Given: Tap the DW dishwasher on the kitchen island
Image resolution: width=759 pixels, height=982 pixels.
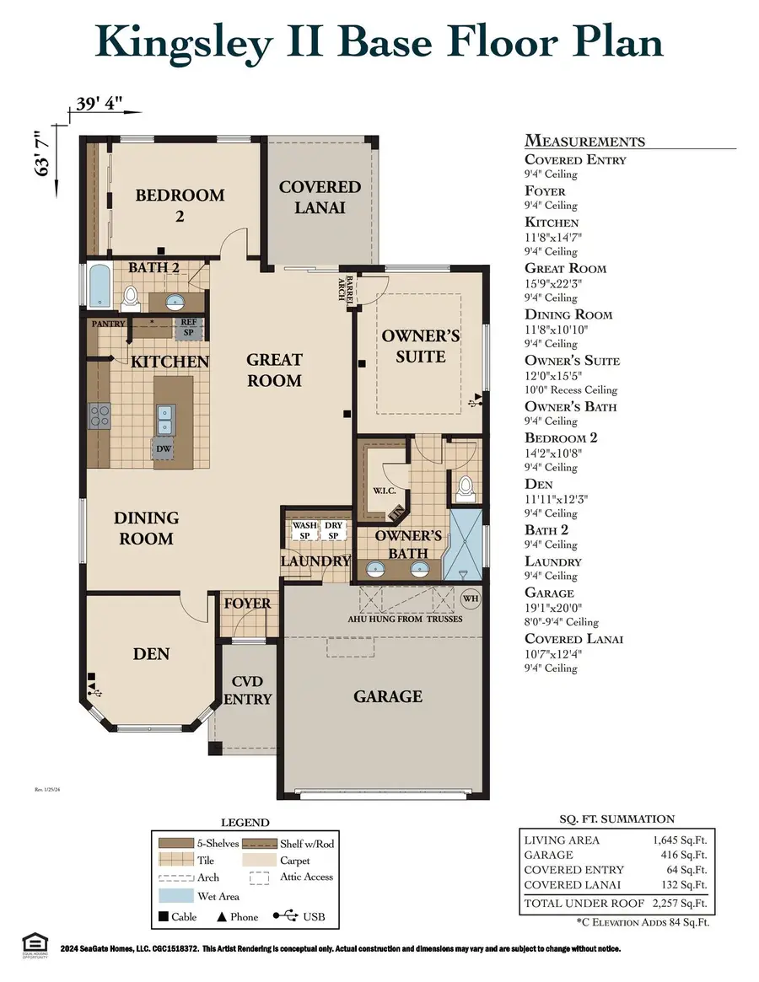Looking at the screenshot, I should [164, 449].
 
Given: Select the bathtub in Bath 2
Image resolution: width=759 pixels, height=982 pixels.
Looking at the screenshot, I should [98, 287].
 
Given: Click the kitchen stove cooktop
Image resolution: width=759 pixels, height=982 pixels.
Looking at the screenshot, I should [100, 415].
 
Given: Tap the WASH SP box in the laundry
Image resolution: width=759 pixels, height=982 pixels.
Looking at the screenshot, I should [304, 530].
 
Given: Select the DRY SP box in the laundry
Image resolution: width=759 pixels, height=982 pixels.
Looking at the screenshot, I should [333, 530].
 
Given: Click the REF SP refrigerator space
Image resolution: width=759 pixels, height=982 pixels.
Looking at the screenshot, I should [187, 327].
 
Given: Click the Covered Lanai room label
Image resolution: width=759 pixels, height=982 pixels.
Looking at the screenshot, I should [320, 196].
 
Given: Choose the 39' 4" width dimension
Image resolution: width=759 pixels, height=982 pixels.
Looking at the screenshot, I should [100, 105].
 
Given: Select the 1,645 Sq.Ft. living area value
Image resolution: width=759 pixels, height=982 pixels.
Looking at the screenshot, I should [680, 840].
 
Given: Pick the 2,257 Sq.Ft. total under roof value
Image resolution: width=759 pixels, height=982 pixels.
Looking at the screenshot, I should [680, 903].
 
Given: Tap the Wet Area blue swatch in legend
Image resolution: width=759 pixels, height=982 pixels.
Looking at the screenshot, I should [175, 897].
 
